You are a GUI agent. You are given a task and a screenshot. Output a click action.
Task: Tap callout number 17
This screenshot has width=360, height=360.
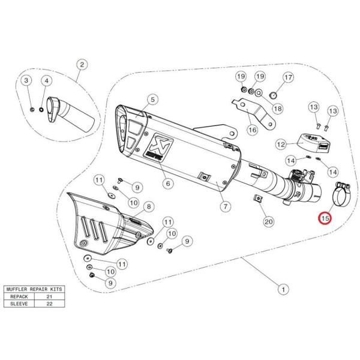point(288,77)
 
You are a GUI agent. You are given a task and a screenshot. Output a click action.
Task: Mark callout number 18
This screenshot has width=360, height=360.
point(277,109)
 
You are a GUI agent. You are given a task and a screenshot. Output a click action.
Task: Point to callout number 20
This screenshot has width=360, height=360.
point(269,221)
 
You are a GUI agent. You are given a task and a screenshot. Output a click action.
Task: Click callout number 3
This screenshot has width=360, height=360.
point(26,80)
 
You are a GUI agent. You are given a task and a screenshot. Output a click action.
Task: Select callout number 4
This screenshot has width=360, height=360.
point(45,80)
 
